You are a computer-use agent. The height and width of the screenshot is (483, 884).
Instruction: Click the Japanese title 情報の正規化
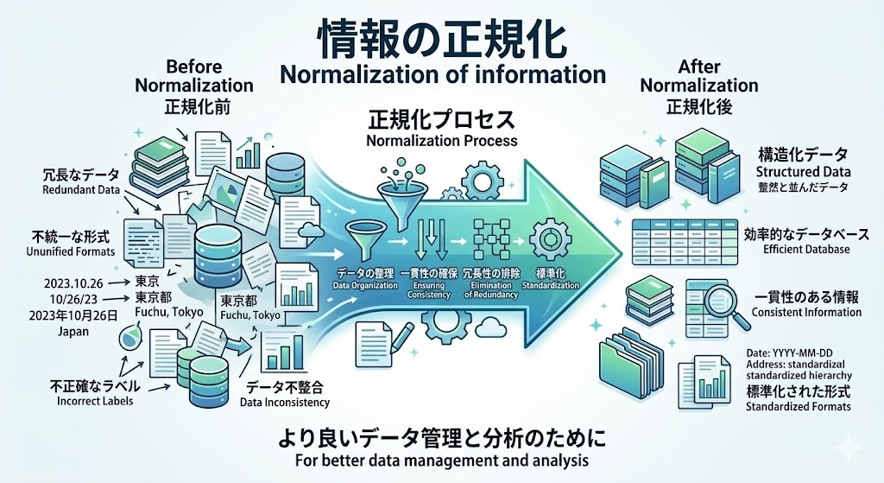tap(442, 36)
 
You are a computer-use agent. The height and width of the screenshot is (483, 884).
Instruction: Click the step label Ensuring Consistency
tap(426, 289)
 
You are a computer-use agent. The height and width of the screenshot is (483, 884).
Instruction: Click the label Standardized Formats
tap(798, 406)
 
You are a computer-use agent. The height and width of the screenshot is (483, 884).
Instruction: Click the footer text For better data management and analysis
tap(441, 460)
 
